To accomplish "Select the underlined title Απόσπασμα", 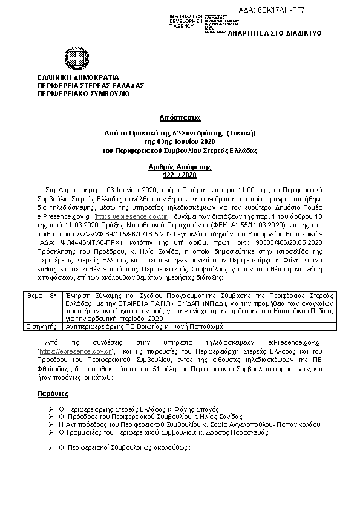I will [x=180, y=117].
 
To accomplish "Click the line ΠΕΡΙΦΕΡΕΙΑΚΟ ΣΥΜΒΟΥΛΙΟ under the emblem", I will [x=75, y=94].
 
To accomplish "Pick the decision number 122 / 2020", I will [x=180, y=174].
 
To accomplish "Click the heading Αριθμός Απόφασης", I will [x=180, y=166].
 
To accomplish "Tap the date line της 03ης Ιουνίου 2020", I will [x=180, y=141].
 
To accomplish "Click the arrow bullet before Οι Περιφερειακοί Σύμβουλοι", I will [x=50, y=449].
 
